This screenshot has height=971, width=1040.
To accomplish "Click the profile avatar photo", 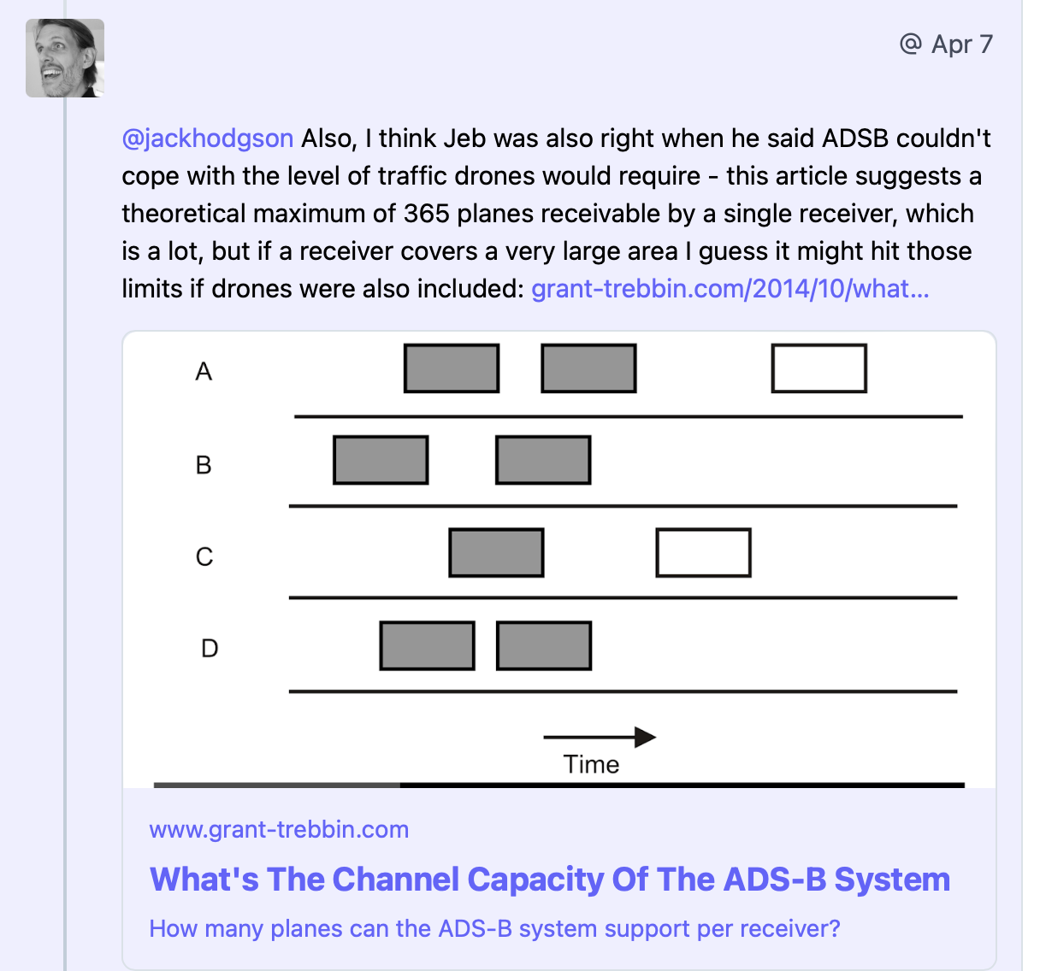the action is coord(65,58).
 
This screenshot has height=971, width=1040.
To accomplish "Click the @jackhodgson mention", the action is coord(207,138).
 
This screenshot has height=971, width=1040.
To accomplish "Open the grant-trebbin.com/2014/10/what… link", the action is coord(730,288).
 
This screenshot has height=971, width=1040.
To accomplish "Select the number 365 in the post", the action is coord(426,214).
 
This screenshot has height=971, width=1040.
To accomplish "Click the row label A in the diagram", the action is coord(204,372).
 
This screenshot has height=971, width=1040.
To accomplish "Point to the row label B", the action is coord(204,465).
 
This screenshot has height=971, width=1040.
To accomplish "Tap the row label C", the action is coord(204,556).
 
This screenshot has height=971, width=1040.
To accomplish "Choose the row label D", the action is coord(210,648).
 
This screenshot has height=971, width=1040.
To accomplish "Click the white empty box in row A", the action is coord(819,368).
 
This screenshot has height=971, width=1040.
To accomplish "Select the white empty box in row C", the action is coord(703,553).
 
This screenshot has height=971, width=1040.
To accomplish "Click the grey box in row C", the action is coord(496,553).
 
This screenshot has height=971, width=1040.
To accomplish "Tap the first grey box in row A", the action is coord(452,368).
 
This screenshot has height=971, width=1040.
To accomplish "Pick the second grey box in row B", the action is coord(543,460).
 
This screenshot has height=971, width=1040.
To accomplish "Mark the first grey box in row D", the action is coord(428,646).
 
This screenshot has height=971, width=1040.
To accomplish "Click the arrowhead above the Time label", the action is coord(645,737).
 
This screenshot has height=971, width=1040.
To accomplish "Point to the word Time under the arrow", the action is coord(591,764).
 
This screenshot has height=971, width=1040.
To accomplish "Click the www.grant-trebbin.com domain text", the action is coord(279,830).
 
